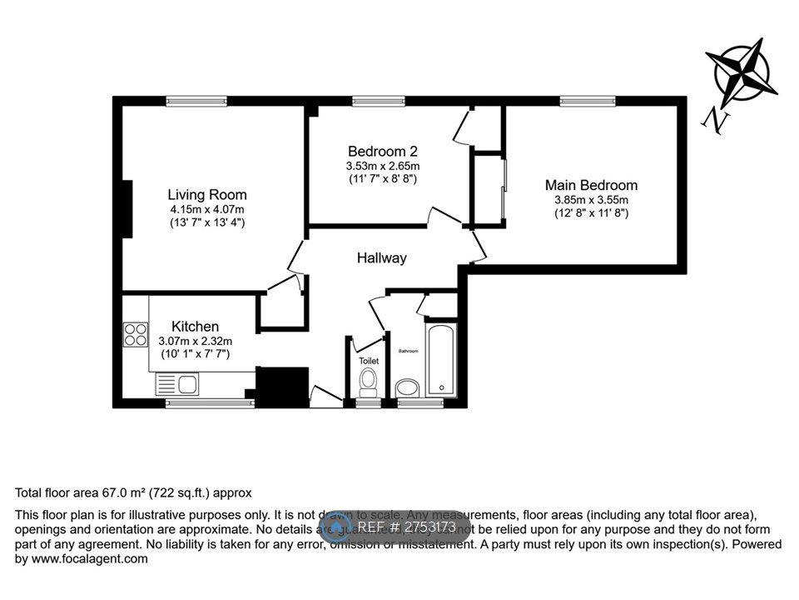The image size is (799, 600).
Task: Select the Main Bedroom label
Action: pos(591,185)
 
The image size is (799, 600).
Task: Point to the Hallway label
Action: pos(382,258)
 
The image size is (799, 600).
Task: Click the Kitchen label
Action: pos(195,326)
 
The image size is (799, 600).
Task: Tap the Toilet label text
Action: pos(369,361)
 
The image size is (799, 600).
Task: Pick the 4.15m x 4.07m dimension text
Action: pos(206,209)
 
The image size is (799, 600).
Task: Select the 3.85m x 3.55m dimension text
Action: pos(591,200)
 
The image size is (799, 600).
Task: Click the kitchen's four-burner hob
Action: pos(135,334)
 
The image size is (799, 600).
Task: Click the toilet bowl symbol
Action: pos(368,383)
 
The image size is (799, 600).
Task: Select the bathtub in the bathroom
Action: pos(440,361)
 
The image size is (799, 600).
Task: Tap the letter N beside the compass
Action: pos(715,120)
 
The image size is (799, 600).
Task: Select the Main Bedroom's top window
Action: pos(588,102)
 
